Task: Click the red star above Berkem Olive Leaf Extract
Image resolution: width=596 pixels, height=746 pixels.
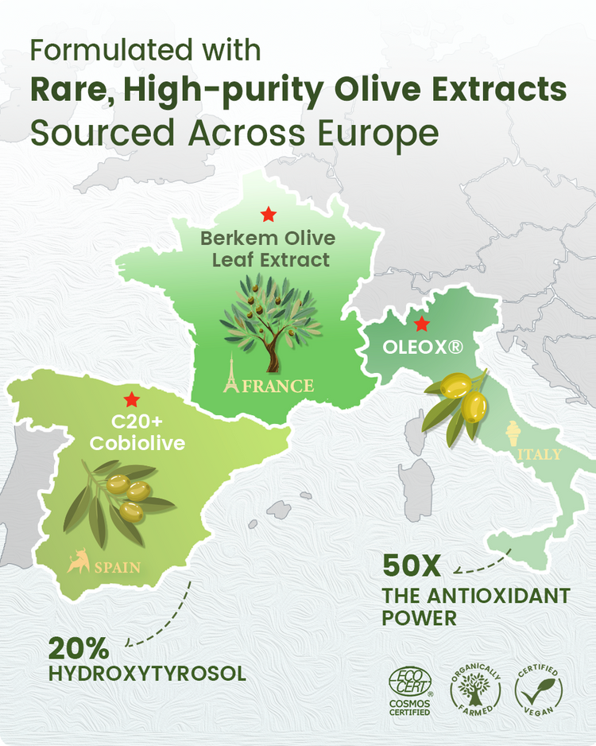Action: click(x=269, y=214)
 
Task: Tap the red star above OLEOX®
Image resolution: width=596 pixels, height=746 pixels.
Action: click(x=422, y=324)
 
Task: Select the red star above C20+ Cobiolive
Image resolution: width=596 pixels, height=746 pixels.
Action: click(x=130, y=399)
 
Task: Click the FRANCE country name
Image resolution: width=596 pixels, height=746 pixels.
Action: click(x=278, y=387)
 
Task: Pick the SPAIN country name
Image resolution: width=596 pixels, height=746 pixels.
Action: click(x=118, y=568)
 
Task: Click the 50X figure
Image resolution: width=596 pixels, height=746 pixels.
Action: click(x=411, y=566)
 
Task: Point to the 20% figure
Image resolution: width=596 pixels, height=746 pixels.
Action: click(x=77, y=647)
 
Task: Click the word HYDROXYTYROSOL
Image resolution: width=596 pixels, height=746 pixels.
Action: click(x=147, y=674)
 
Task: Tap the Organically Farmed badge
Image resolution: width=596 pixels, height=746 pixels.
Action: click(x=476, y=689)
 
